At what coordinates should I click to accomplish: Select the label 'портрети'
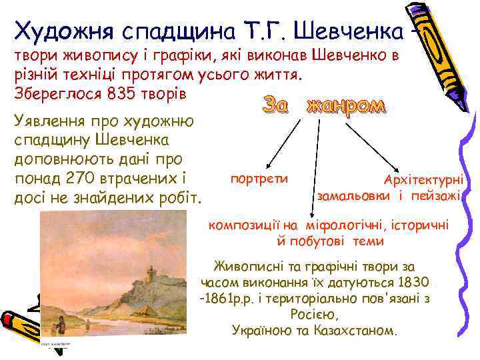(x=259, y=179)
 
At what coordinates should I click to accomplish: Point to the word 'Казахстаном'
(x=363, y=330)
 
